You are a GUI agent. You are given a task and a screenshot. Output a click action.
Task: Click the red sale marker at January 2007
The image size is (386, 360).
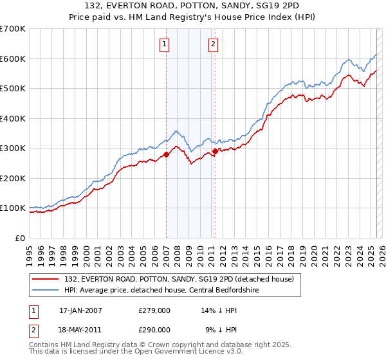point(166,154)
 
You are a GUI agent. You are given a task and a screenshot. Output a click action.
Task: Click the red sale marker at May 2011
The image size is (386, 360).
point(215,151)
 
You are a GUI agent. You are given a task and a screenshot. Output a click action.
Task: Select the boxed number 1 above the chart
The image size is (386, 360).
point(165,44)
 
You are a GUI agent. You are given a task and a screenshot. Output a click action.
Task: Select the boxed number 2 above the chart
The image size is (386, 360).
point(213,44)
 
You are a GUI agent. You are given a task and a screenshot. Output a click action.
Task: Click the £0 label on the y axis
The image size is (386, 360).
point(19,238)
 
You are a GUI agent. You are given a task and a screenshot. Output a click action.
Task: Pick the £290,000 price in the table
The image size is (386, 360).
point(154,329)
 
